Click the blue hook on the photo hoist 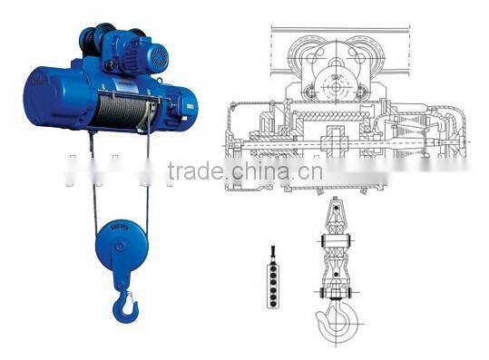(x=123, y=304)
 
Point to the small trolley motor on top (x=146, y=54)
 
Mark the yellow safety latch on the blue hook (x=132, y=297)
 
